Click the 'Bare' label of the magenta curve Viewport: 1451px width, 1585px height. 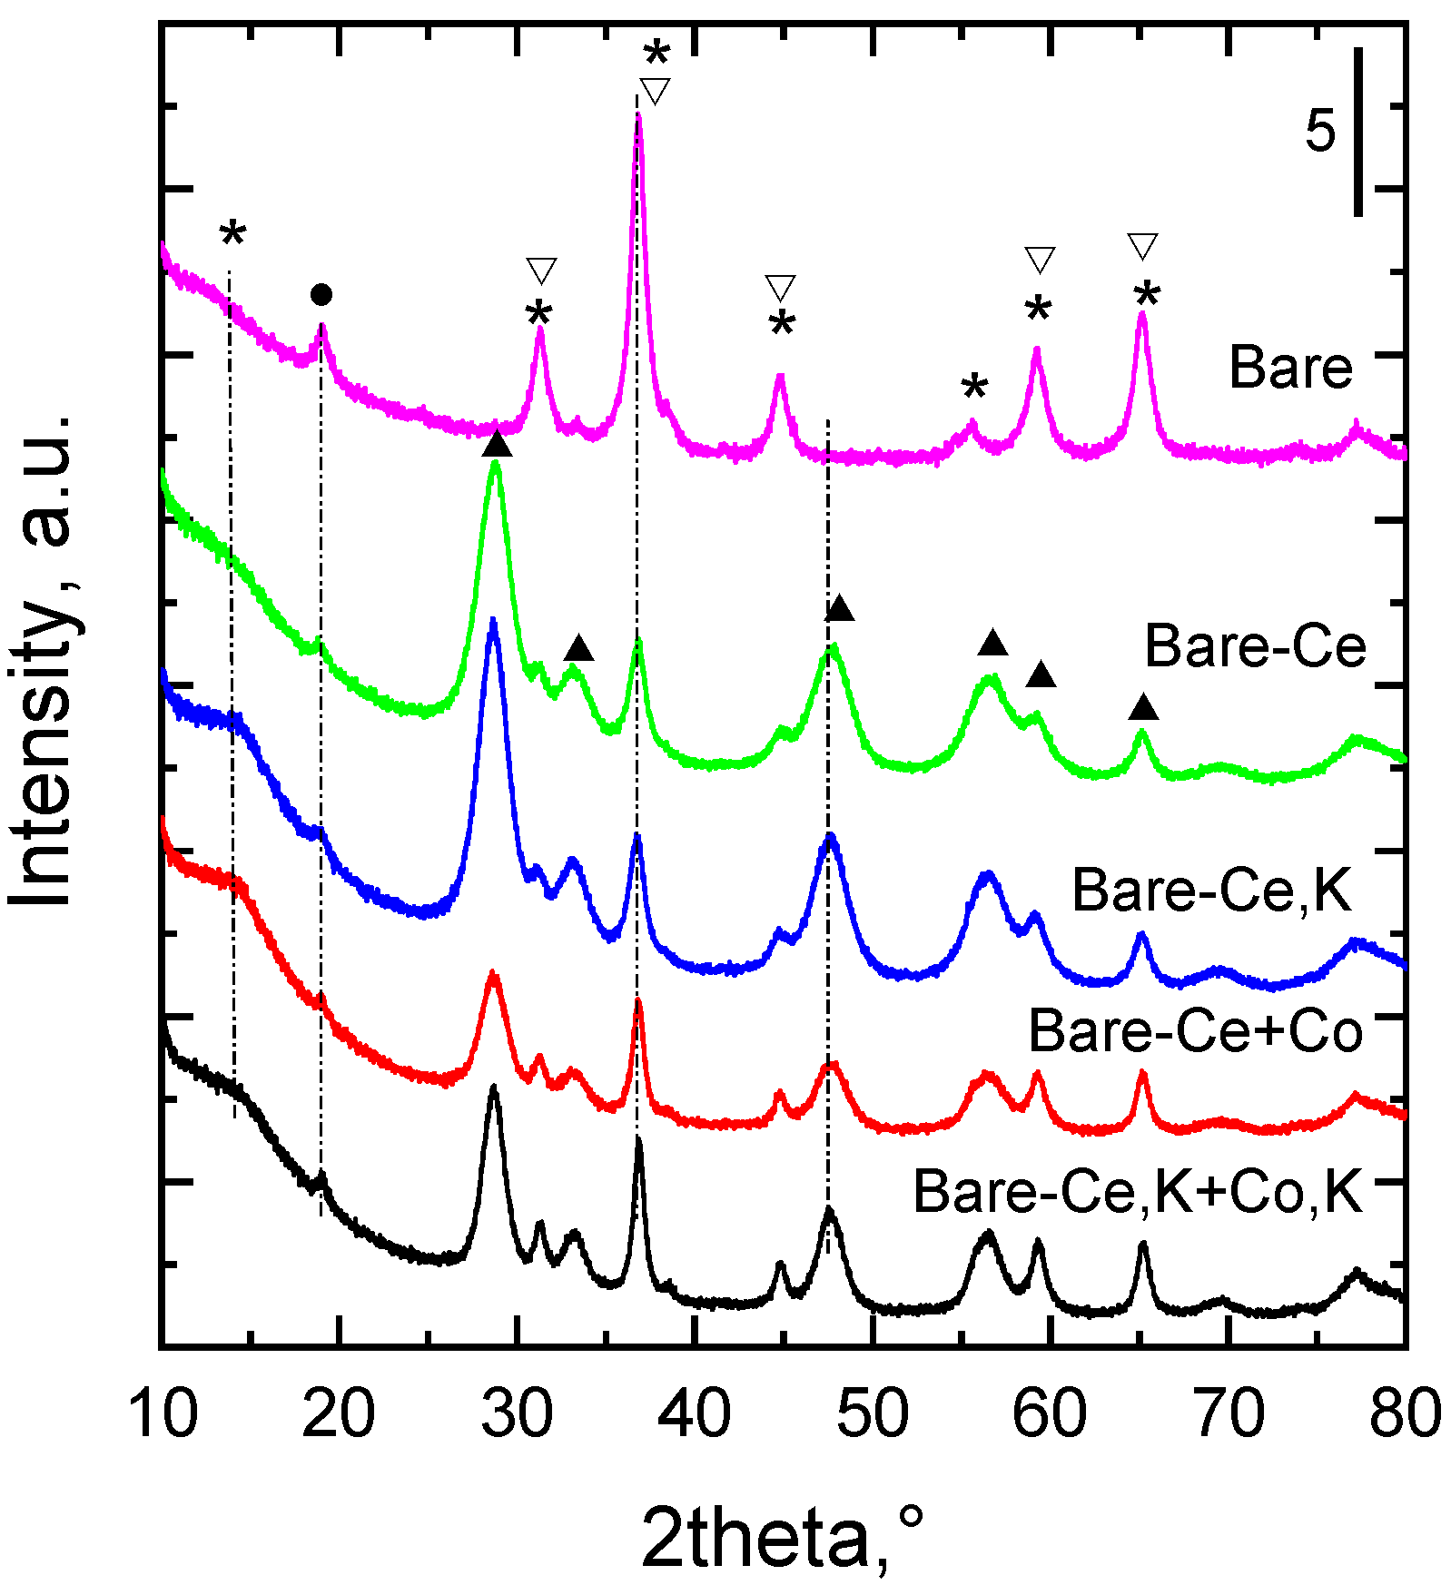click(x=1290, y=368)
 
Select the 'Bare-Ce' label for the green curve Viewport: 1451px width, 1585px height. click(x=1255, y=646)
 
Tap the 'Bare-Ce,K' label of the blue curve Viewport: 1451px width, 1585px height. click(x=1211, y=890)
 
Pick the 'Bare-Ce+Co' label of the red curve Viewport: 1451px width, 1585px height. click(x=1195, y=1031)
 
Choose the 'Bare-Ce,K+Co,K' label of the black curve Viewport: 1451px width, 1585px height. click(x=1138, y=1191)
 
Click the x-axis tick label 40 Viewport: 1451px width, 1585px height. click(x=694, y=1414)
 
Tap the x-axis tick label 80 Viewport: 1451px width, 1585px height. click(x=1404, y=1414)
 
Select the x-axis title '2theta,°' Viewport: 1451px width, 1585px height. click(x=783, y=1536)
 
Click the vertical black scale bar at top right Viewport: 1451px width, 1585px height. click(x=1358, y=133)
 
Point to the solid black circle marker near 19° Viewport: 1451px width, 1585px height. click(x=321, y=294)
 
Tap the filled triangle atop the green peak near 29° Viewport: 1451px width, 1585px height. click(x=497, y=445)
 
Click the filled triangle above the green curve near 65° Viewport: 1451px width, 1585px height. click(x=1144, y=707)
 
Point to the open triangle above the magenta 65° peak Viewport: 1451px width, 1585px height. click(x=1143, y=246)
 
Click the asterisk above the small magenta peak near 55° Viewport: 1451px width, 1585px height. click(x=974, y=389)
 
